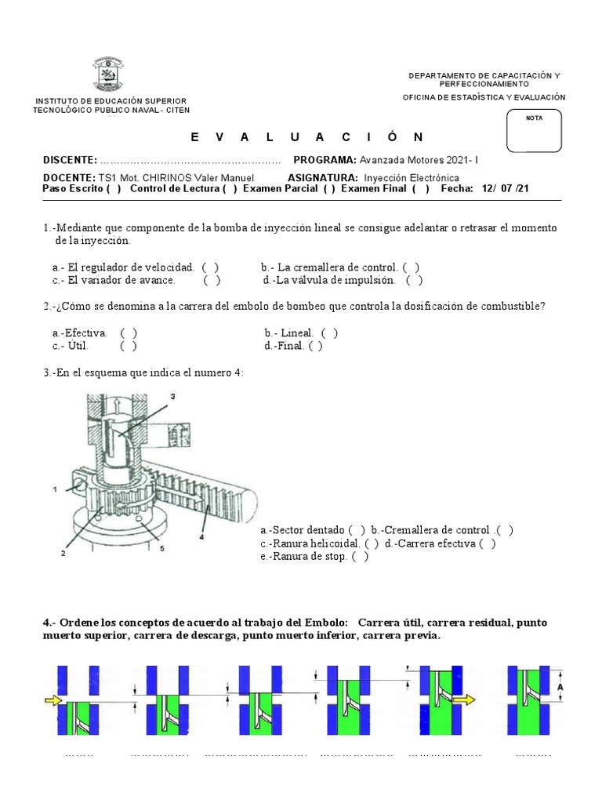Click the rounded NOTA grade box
(x=535, y=130)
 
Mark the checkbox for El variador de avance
(x=212, y=280)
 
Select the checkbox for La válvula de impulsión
(x=415, y=280)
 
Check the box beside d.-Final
(x=315, y=346)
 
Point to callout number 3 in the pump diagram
(x=172, y=397)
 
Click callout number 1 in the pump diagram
(x=55, y=490)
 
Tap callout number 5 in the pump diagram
(x=161, y=549)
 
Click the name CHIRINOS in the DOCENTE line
(x=167, y=178)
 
